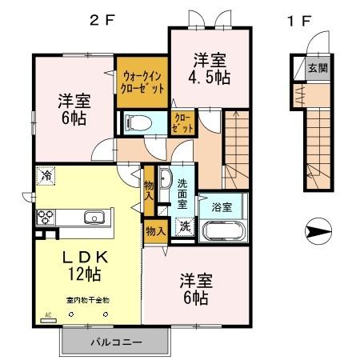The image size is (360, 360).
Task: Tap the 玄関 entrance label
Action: tap(319, 69)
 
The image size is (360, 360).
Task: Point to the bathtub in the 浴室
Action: tap(225, 231)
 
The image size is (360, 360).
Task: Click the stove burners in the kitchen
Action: tap(45, 217)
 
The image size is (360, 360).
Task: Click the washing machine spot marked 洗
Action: tap(184, 226)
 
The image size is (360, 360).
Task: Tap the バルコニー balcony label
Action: tap(115, 342)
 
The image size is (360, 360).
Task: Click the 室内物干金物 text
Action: tap(87, 300)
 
